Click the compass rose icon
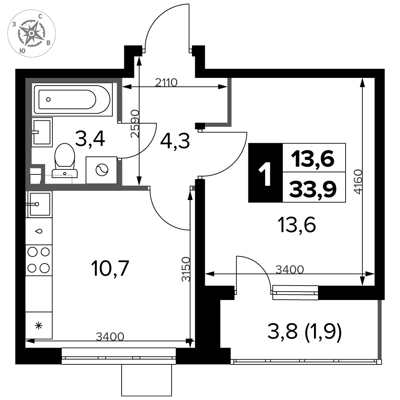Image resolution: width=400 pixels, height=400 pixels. [31, 34]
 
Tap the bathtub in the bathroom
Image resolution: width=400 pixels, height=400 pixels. [72, 99]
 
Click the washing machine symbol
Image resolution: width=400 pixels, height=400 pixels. [102, 170]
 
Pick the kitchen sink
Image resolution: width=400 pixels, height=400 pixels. [39, 204]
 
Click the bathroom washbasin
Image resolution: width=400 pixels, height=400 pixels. [42, 132]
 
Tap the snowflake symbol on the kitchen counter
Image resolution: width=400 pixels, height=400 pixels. [39, 326]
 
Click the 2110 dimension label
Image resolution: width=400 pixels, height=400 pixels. [166, 82]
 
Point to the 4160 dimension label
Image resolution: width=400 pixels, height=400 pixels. [358, 182]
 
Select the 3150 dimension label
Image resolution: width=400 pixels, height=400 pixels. [186, 269]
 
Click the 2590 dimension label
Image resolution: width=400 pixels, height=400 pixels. [135, 124]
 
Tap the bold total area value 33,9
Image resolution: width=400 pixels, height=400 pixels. [313, 189]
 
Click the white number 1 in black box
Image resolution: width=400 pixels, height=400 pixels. [265, 174]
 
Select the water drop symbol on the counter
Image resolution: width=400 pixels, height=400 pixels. [39, 231]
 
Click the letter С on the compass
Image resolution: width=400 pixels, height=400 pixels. [40, 16]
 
